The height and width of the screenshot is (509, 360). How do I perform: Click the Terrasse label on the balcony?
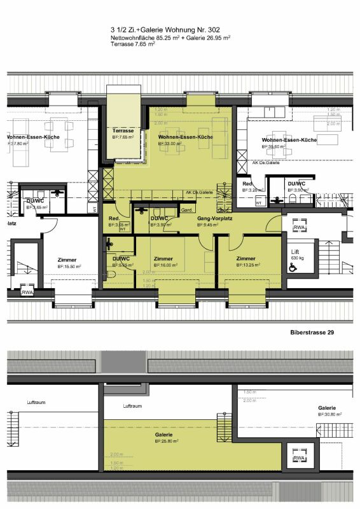pyautogui.click(x=123, y=130)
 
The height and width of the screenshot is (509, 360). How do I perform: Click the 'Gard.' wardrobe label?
pyautogui.click(x=187, y=210)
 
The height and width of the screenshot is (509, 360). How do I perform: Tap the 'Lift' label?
pyautogui.click(x=295, y=252)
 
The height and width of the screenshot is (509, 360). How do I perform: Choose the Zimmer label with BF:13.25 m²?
pyautogui.click(x=246, y=259)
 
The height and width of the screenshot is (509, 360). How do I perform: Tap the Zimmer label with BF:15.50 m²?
pyautogui.click(x=67, y=260)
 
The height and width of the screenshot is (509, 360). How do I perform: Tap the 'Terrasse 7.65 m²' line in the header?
pyautogui.click(x=133, y=46)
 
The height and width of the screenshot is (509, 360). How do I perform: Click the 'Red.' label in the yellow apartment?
pyautogui.click(x=114, y=218)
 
